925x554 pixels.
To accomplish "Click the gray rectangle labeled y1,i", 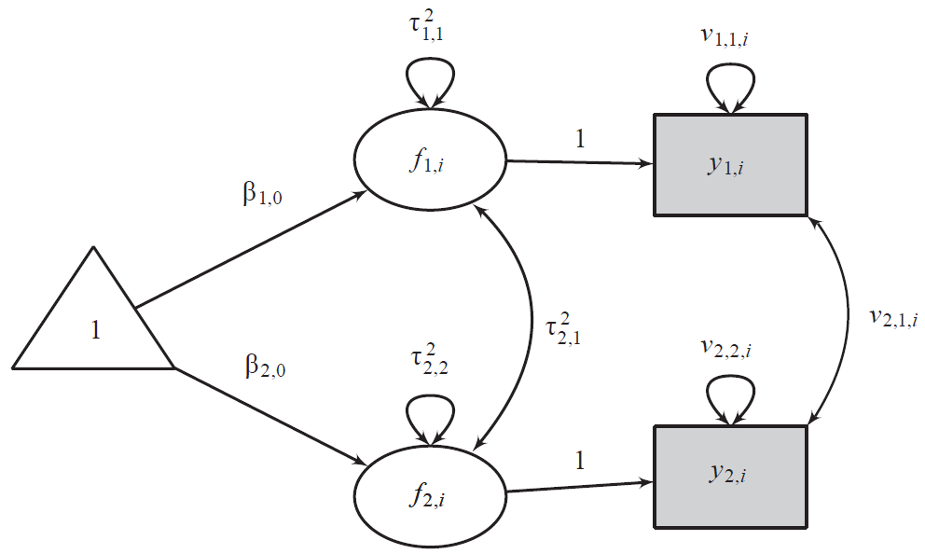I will pos(730,165).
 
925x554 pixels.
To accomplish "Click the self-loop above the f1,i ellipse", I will pos(429,76).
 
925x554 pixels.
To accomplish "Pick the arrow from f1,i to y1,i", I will pos(578,162).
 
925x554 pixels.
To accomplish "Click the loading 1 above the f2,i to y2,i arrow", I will pos(580,461).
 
